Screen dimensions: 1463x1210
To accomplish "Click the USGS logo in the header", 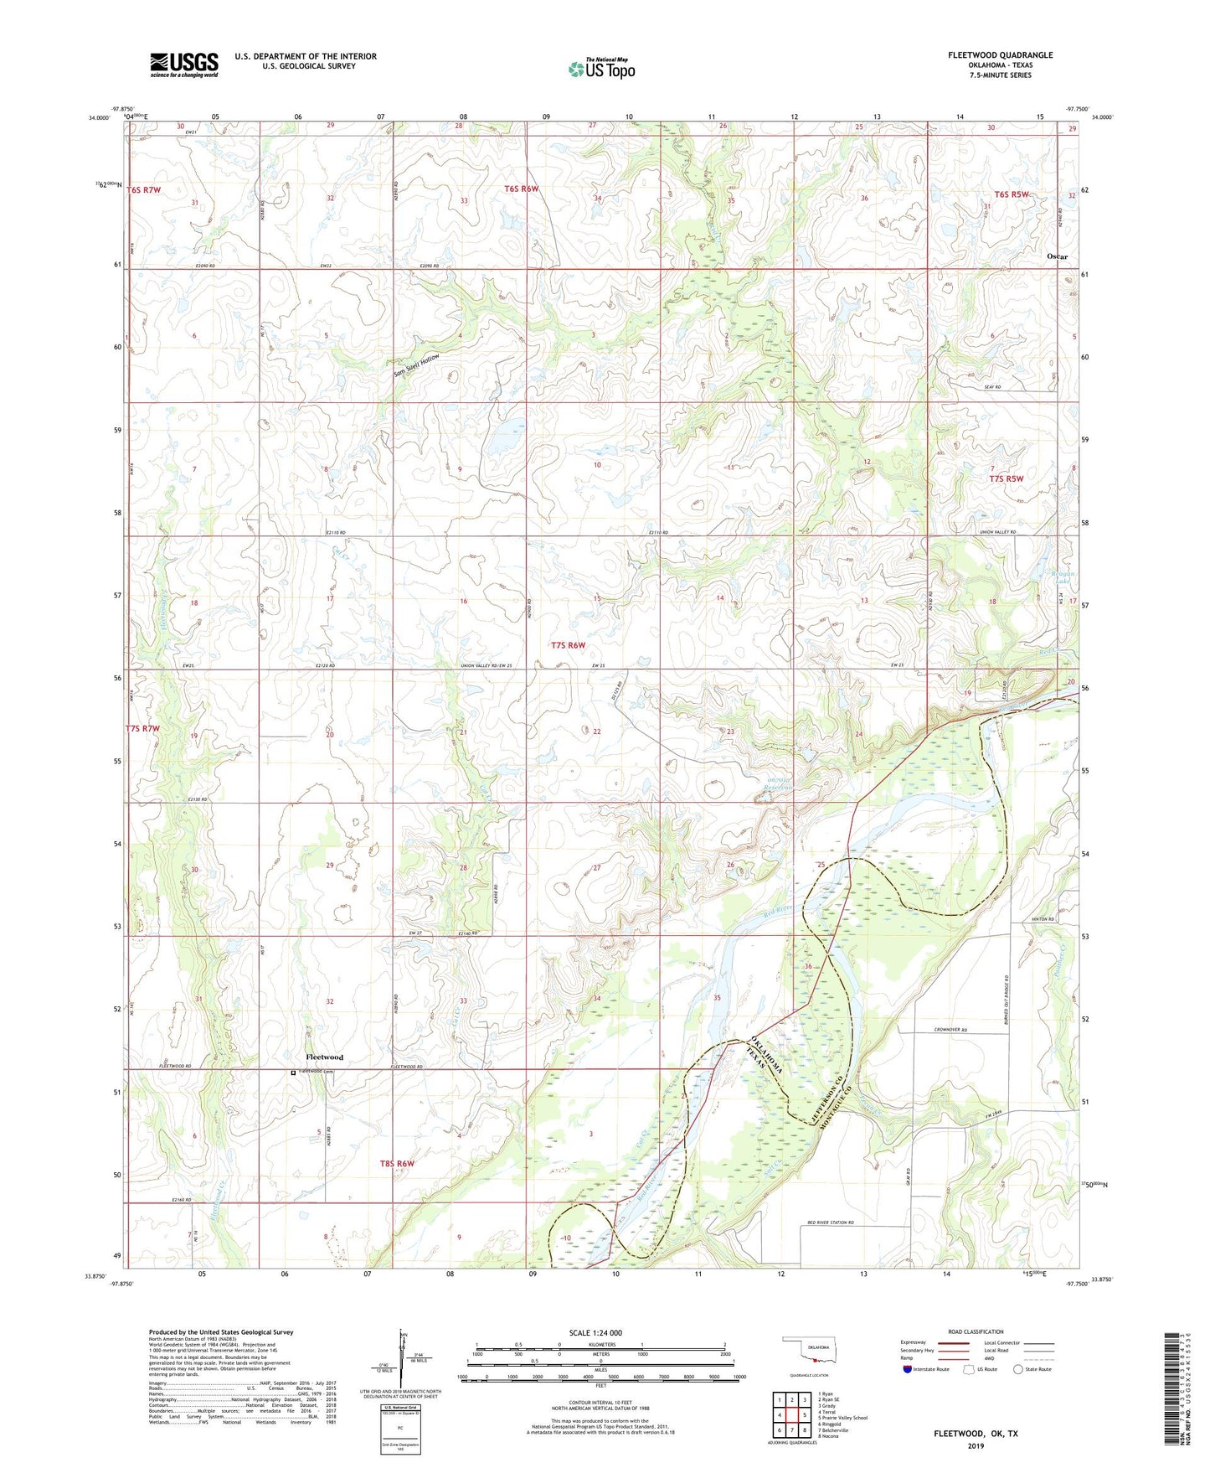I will pos(183,65).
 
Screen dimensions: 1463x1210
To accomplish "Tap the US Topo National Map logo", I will pos(600,69).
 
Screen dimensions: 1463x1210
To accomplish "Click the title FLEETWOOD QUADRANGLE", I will pos(1000,55).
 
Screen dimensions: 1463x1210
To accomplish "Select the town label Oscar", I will pos(1057,256).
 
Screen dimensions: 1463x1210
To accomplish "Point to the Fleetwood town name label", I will pos(324,1057).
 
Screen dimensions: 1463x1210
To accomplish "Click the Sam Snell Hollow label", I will pos(416,366).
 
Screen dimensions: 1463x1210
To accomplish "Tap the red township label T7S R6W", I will pos(568,645).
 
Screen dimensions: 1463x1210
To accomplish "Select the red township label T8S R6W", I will pos(397,1164).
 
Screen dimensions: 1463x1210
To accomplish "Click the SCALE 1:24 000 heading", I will pos(595,1333).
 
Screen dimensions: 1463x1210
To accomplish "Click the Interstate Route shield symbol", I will pos(908,1369).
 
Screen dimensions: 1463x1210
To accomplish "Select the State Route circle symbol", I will pos(1018,1369).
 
